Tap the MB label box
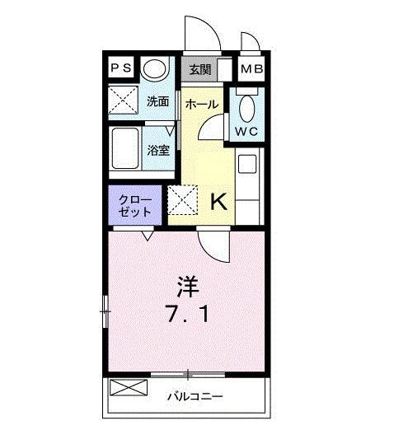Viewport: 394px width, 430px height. (252, 69)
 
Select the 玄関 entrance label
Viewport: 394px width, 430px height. (200, 69)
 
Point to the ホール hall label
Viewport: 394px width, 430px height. (201, 104)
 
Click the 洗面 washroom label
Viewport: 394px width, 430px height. (157, 102)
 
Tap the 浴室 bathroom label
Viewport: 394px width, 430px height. (157, 150)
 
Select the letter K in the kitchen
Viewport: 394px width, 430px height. (219, 201)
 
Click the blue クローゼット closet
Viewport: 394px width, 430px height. (135, 205)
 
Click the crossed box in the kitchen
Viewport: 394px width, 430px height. (181, 199)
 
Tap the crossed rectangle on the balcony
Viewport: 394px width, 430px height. (126, 388)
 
